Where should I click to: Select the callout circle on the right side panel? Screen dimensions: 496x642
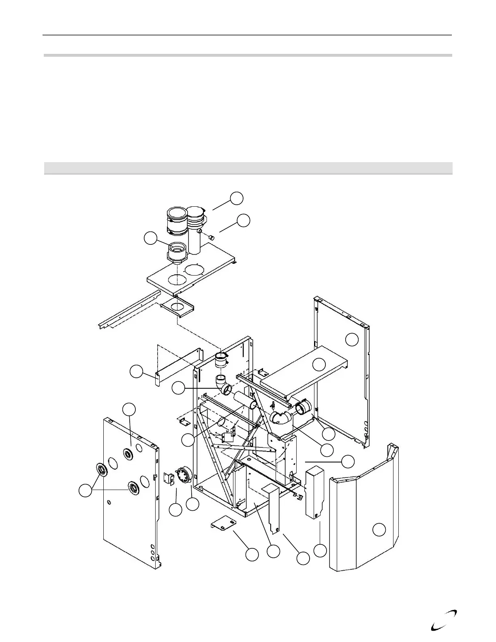352,340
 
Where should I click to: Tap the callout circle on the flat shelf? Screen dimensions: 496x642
320,364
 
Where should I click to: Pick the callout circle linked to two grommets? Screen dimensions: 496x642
85,491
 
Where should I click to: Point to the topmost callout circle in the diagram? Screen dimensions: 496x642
237,198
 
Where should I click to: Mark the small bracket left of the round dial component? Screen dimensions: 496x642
169,478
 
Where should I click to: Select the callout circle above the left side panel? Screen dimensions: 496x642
129,409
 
